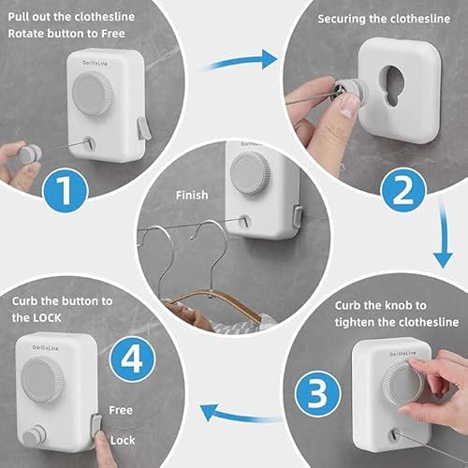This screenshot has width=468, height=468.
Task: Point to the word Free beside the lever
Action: click(121, 410)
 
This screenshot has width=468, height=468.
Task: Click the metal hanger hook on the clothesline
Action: click(211, 254)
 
